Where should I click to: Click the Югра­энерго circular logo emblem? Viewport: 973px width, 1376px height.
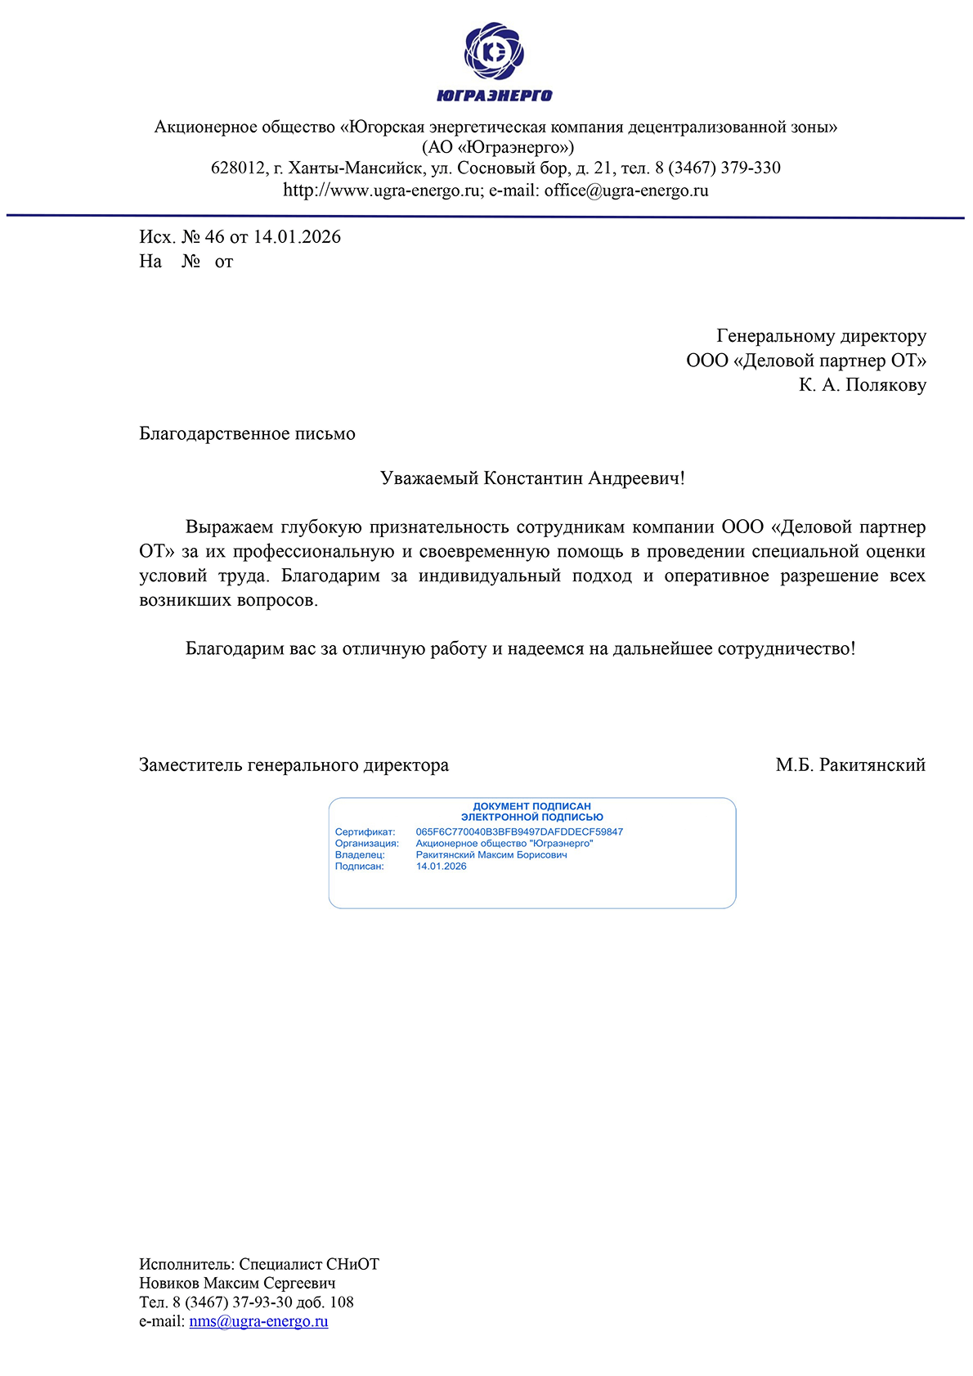494,52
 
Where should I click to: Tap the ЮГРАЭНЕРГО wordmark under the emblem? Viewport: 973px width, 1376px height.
494,96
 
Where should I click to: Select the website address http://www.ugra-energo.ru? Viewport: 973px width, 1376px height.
383,190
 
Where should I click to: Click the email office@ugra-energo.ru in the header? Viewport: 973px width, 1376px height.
626,190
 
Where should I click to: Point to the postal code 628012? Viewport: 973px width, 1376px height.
237,168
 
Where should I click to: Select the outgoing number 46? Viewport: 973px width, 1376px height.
214,237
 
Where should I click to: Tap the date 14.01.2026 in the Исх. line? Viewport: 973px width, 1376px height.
297,237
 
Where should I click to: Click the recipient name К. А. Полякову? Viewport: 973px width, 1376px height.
863,385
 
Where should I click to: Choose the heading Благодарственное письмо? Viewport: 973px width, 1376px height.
247,433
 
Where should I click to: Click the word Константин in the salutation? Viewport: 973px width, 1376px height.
533,478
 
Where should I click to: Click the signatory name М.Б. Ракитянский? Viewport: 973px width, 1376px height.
850,765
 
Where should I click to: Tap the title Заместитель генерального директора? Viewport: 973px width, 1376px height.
294,765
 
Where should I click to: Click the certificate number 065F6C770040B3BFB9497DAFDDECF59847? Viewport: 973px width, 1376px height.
519,832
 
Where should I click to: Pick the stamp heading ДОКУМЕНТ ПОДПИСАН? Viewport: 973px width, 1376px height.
531,806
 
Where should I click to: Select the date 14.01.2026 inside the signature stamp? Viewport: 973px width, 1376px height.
441,867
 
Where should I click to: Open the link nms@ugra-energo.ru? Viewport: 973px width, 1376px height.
258,1321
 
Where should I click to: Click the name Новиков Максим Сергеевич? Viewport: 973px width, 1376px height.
237,1284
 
